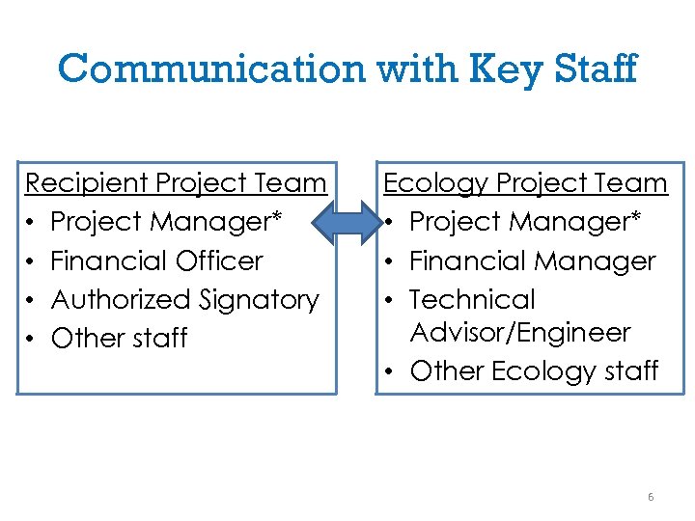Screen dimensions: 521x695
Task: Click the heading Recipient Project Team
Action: point(176,182)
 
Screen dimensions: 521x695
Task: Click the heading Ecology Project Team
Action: point(525,182)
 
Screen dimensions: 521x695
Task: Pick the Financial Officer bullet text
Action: point(156,260)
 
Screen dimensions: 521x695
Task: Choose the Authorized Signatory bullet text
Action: point(184,300)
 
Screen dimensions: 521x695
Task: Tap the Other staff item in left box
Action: point(119,339)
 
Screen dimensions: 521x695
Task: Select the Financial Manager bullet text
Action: point(532,260)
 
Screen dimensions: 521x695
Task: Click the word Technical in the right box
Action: point(472,300)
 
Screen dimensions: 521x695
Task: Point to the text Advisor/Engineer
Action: point(520,333)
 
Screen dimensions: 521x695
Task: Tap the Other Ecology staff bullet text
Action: point(534,371)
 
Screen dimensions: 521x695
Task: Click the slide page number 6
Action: point(651,497)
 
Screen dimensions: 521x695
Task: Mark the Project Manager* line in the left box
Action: point(166,222)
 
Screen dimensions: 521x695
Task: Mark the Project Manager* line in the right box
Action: point(525,222)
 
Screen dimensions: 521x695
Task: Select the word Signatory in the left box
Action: point(260,300)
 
